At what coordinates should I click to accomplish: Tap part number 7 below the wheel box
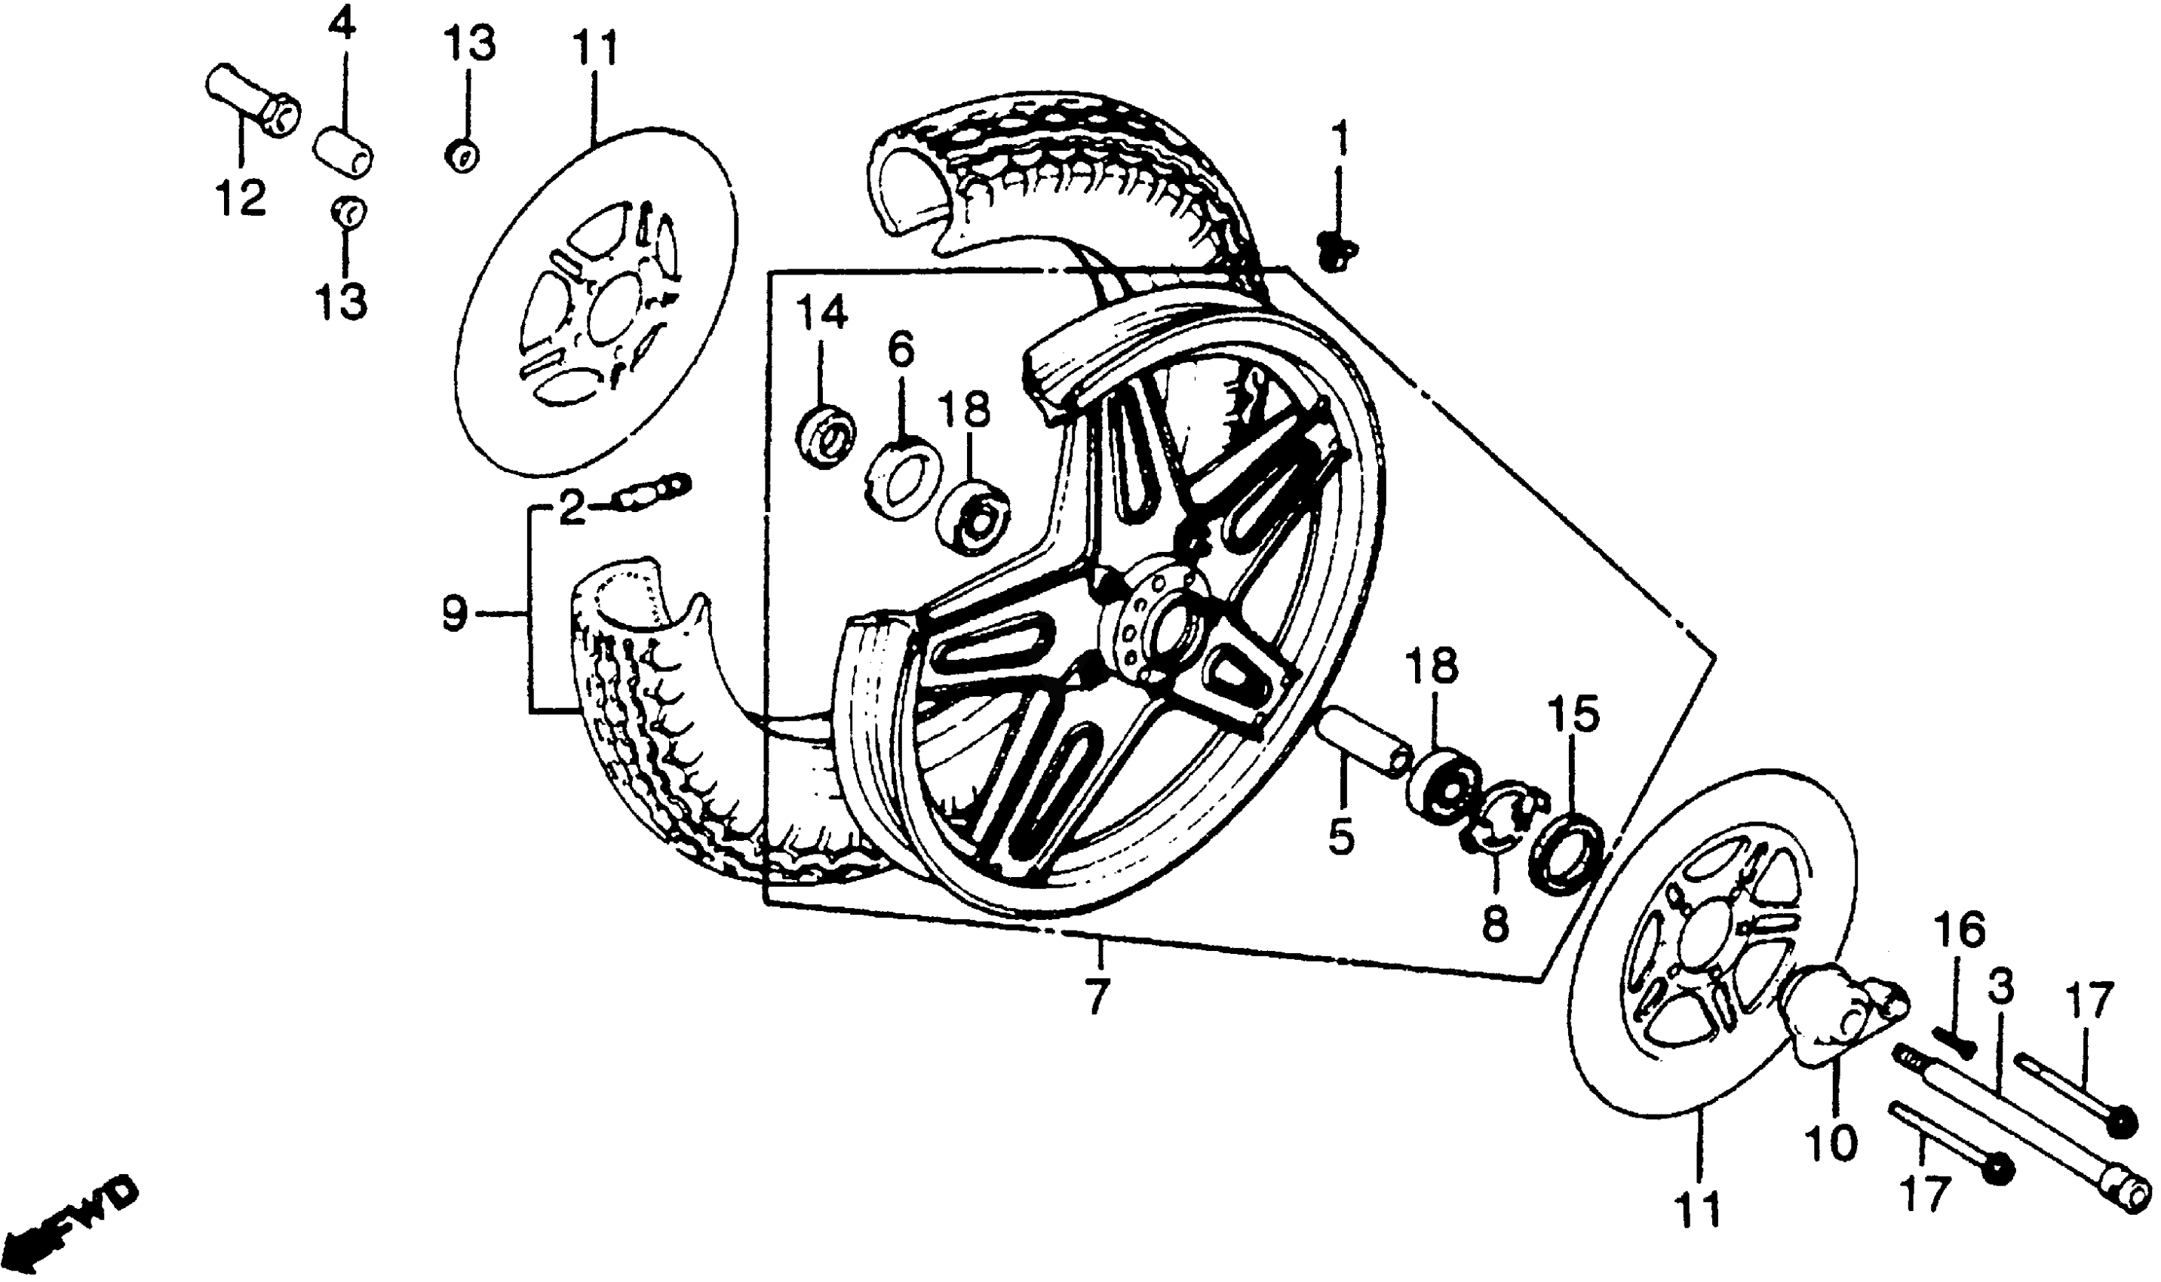(x=1096, y=998)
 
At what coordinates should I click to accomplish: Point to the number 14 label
(x=821, y=312)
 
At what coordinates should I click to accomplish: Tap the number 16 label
(x=1959, y=932)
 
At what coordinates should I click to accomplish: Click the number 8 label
(x=1496, y=925)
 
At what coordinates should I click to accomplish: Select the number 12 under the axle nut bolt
(x=240, y=198)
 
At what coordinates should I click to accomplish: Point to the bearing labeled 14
(x=825, y=437)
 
